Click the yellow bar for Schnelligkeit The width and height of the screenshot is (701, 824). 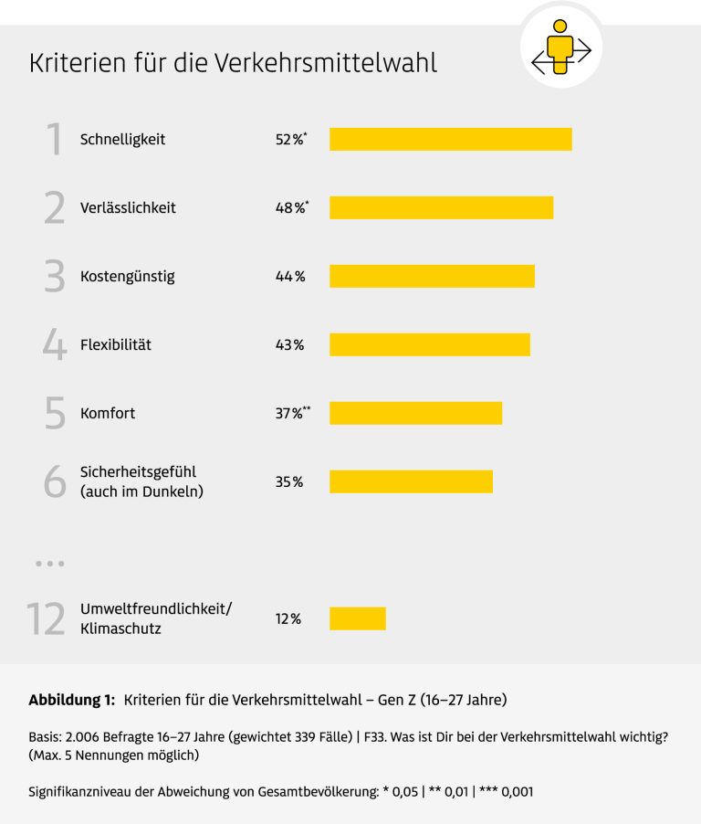450,139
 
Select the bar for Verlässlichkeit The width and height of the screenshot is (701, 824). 441,207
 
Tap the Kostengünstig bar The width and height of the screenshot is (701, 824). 432,276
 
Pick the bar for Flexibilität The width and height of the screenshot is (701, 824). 429,344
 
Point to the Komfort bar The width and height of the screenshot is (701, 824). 415,413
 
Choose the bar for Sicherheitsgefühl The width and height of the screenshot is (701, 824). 411,481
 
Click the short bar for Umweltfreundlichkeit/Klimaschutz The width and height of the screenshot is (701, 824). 357,618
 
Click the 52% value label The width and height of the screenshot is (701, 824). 289,140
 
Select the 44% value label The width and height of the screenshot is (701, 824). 289,277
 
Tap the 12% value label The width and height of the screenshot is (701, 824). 288,619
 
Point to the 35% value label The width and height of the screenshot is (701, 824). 288,482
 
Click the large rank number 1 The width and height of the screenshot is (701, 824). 55,140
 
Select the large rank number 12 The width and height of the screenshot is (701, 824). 46,619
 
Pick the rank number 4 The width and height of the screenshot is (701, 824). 55,345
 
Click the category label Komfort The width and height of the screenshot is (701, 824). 108,414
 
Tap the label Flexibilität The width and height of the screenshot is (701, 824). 116,345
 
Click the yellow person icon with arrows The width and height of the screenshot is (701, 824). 561,48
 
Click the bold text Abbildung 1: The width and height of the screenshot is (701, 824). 72,701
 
